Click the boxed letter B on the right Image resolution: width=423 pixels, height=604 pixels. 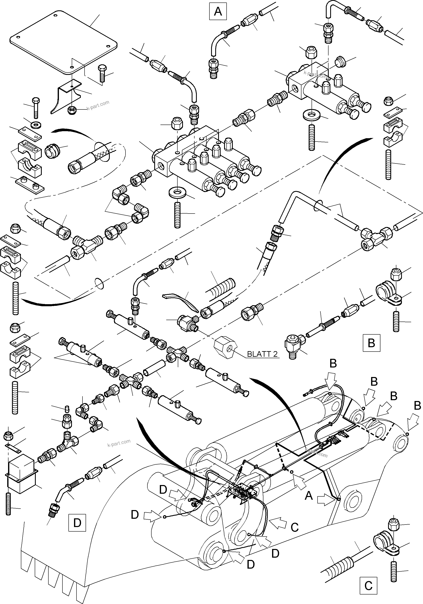[371, 343]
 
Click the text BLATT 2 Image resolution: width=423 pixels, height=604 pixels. [262, 354]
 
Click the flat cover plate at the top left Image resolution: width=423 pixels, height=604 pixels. [64, 42]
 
